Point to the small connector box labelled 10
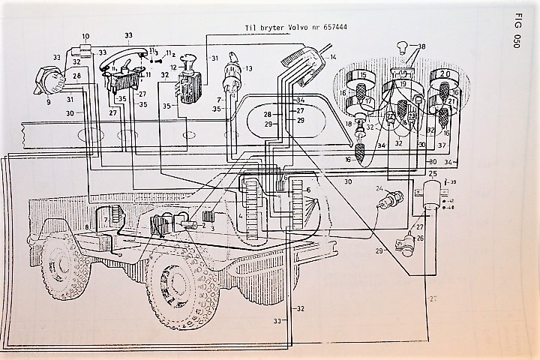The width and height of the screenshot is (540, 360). tap(84, 50)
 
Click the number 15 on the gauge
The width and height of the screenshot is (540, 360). tap(361, 76)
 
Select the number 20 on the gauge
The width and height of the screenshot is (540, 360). tap(444, 75)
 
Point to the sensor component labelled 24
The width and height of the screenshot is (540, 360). tap(391, 199)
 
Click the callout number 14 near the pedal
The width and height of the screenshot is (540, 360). tap(332, 57)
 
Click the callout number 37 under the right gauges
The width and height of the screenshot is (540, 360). tap(442, 145)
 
